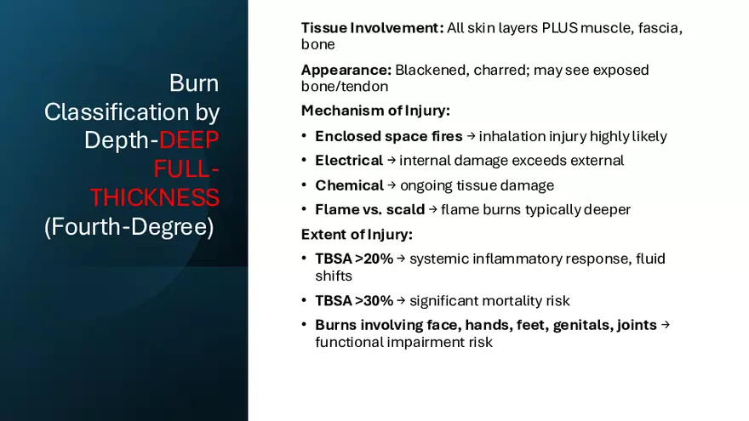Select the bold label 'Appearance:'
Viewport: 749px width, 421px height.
(346, 70)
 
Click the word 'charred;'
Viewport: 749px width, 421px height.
(501, 70)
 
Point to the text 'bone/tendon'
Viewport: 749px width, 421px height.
(345, 87)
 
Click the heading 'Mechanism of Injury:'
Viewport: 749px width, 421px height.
(375, 111)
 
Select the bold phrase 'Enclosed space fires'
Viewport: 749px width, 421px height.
(389, 137)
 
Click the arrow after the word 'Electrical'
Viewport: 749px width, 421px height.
(392, 161)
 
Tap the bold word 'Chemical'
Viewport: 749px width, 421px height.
(349, 185)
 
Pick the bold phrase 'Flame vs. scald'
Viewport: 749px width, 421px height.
(369, 209)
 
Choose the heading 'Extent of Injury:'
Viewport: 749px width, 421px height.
(357, 235)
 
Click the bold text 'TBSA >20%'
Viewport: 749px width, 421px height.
(354, 259)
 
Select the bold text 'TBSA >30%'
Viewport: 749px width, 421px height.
(354, 301)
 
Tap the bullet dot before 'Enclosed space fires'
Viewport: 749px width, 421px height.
(305, 136)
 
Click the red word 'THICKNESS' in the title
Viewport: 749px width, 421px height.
(155, 197)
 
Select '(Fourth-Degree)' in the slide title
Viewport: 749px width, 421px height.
(129, 227)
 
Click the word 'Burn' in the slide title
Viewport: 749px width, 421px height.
(194, 83)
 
